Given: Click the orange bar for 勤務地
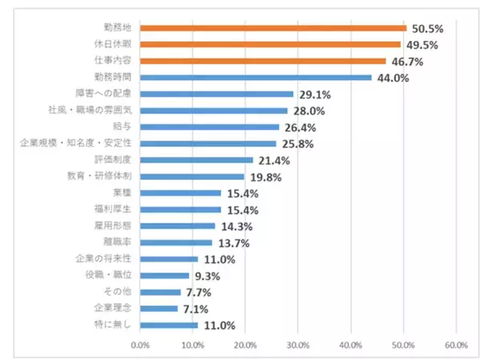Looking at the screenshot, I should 273,28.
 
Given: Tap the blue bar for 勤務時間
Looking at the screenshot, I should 256,78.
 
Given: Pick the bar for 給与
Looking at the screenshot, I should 209,127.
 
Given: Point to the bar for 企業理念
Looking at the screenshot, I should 159,308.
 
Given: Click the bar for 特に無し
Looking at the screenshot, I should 168,325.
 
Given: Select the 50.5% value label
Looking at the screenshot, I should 427,28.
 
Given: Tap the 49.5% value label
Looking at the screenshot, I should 422,45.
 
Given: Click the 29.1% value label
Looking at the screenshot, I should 314,94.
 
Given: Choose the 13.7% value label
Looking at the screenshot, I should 233,242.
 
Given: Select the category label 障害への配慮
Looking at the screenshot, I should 107,94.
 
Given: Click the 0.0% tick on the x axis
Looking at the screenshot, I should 139,346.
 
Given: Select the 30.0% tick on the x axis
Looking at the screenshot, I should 297,346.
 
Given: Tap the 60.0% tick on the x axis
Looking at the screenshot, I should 455,346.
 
